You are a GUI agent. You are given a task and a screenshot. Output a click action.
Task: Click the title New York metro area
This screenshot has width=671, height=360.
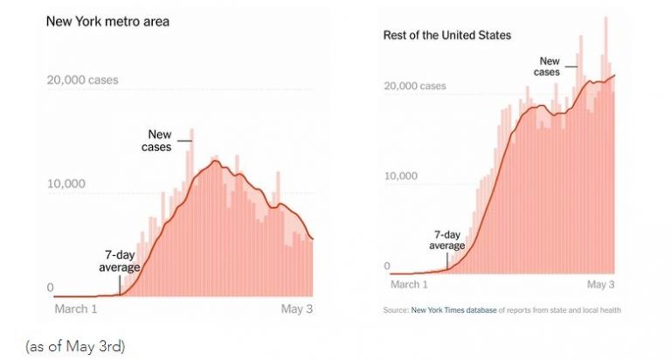tap(107, 21)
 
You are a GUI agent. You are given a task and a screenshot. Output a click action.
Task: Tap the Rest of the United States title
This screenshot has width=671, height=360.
tap(446, 35)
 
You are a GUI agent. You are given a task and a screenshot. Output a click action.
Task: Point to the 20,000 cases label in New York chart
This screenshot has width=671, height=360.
tap(83, 80)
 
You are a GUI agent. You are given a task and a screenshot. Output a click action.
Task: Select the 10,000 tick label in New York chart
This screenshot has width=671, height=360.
tap(66, 183)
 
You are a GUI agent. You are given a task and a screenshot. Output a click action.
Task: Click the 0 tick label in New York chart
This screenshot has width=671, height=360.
tap(50, 287)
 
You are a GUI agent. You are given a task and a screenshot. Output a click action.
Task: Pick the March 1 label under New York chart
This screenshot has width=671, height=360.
tap(76, 308)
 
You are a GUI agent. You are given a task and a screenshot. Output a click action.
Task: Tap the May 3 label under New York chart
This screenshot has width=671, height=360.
tap(296, 308)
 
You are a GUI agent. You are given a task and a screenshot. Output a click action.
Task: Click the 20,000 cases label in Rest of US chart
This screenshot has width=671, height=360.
tap(415, 86)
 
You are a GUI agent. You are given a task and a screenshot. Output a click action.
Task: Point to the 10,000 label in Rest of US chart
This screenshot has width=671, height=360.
tap(400, 176)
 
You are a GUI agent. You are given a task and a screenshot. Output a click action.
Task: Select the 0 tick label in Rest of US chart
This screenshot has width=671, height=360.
tap(387, 266)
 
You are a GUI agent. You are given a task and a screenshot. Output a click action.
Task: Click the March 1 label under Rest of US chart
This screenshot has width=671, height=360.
tap(409, 284)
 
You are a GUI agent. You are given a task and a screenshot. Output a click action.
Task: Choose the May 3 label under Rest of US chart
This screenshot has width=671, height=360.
tap(600, 284)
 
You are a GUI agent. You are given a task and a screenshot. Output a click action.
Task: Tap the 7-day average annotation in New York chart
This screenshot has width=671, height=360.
tap(120, 261)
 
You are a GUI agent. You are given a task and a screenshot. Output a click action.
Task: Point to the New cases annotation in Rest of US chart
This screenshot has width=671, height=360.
tap(547, 66)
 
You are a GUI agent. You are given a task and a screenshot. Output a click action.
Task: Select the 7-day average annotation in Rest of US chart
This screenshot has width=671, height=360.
tap(446, 239)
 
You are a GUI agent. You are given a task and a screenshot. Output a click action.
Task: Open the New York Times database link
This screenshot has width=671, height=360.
tap(454, 310)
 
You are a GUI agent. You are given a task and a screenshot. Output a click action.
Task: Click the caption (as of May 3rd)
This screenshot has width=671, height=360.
tap(75, 346)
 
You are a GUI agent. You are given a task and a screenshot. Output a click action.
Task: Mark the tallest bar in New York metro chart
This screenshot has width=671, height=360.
tap(191, 212)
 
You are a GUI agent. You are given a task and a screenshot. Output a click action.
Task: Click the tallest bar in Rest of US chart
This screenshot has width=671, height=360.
tap(605, 146)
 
